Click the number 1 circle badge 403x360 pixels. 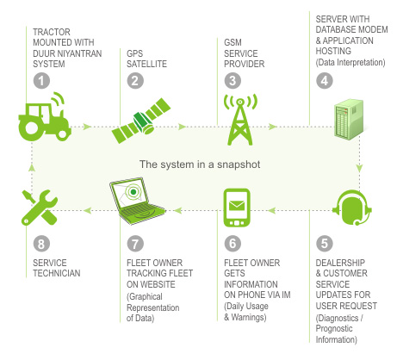coord(41,81)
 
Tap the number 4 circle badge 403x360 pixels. coord(325,81)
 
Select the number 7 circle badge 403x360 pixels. coord(135,244)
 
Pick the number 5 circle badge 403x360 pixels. coord(325,244)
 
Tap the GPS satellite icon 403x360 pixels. coord(141,121)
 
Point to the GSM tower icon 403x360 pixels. coord(240,120)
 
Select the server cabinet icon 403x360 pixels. coord(349,120)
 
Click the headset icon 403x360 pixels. coord(352,208)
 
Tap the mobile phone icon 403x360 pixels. coord(237,208)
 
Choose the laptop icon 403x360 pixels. coord(137,201)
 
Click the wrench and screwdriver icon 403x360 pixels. coord(40,208)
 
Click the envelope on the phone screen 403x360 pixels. coord(237,205)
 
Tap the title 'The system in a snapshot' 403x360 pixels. coord(200,164)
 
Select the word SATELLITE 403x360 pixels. coord(146,64)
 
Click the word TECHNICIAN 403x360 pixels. coord(57,273)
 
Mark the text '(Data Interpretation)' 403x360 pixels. coord(350,62)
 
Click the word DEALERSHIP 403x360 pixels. coord(340,263)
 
